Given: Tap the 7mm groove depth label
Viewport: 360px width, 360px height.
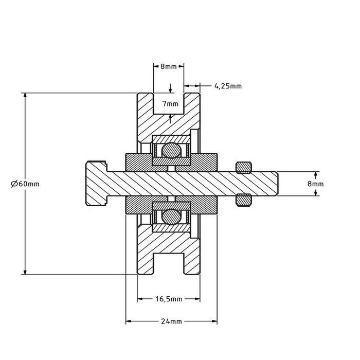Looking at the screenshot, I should pyautogui.click(x=170, y=104).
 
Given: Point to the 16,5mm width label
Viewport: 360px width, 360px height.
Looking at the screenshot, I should pyautogui.click(x=169, y=299).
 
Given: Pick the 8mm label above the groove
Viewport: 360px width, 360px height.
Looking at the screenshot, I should pyautogui.click(x=169, y=67).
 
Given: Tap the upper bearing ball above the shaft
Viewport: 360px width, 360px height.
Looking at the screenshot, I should pyautogui.click(x=171, y=151).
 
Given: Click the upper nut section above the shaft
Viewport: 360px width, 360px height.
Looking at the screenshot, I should pyautogui.click(x=244, y=167).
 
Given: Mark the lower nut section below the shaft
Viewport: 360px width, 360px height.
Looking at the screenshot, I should pyautogui.click(x=244, y=200).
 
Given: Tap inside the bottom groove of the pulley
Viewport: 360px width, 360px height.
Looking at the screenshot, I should pyautogui.click(x=169, y=262).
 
